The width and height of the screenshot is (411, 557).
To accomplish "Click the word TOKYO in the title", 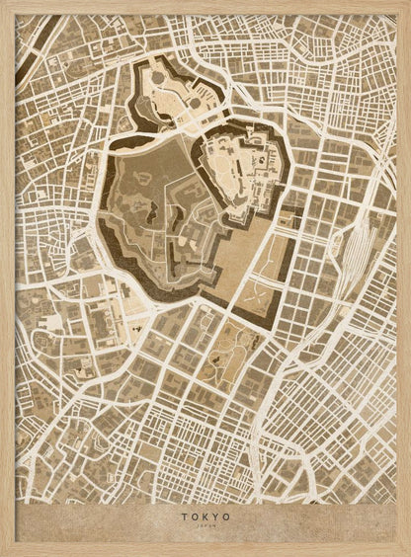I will point(205,516).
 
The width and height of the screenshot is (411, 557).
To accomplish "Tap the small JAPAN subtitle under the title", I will point(205,525).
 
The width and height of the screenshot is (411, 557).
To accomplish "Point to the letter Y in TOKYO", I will point(216,516).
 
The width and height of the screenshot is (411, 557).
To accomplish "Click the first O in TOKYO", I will point(194,516).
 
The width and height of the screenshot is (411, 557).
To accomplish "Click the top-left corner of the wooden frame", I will point(3,3).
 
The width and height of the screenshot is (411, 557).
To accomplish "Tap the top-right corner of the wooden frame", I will point(407,3).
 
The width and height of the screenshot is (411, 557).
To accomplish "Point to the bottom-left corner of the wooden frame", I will point(3,553).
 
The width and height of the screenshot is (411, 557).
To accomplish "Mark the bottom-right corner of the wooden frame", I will point(407,553).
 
